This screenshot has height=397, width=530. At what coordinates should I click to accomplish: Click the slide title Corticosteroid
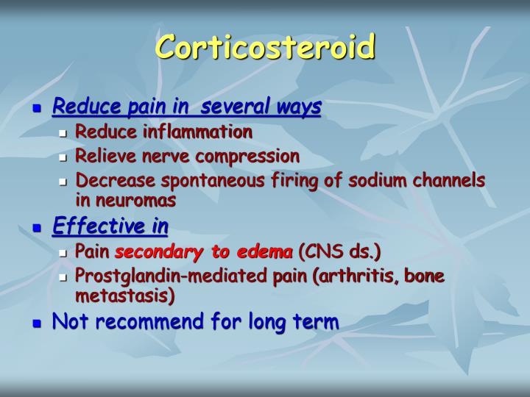[265, 48]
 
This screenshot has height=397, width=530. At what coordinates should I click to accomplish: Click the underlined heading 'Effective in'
[110, 227]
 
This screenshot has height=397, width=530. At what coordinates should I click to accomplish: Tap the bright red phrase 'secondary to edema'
[203, 253]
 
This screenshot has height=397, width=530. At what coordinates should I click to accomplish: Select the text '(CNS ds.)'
[339, 253]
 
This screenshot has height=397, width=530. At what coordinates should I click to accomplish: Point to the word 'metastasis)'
[125, 296]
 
